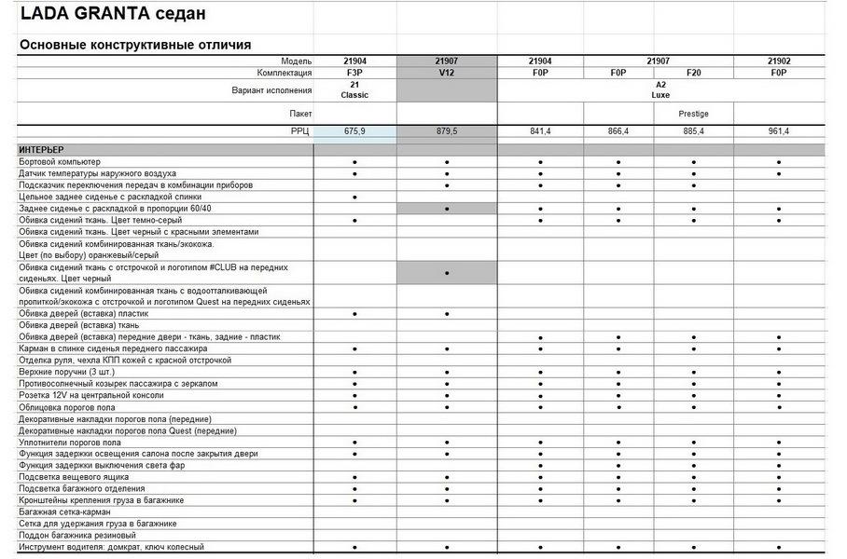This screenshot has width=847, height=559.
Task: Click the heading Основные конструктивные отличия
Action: (135, 45)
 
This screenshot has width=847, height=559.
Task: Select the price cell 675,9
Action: (354, 131)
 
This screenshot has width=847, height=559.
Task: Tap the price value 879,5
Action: (447, 131)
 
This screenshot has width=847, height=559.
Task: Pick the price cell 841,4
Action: (541, 131)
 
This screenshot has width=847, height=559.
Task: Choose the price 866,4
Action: (618, 131)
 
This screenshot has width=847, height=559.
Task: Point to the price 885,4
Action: (693, 131)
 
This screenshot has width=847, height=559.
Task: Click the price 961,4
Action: (779, 131)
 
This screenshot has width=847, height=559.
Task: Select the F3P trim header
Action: (354, 72)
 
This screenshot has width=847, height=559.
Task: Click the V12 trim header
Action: (447, 72)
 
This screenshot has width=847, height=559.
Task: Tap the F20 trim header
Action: (693, 72)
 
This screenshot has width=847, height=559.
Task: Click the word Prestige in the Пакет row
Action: (693, 114)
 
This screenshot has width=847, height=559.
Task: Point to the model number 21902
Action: (779, 61)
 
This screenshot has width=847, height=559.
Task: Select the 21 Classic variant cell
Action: (354, 89)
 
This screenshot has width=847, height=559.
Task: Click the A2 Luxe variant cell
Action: (660, 89)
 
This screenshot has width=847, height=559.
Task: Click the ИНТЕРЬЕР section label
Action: (42, 149)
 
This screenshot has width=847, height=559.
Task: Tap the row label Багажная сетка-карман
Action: (64, 511)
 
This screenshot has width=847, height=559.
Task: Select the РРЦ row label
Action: (300, 131)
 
